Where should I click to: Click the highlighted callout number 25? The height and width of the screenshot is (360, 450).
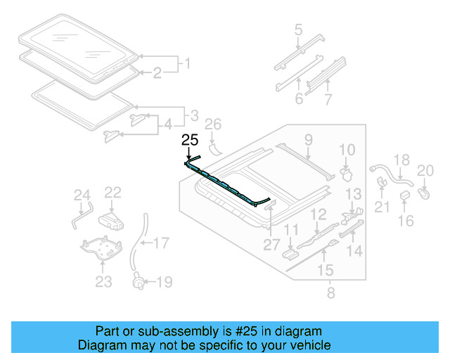pyautogui.click(x=190, y=140)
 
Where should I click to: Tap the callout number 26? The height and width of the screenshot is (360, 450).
pyautogui.click(x=212, y=126)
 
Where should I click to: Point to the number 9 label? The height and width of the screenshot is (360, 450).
pyautogui.click(x=308, y=141)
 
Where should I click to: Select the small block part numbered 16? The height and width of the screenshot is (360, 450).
pyautogui.click(x=406, y=195)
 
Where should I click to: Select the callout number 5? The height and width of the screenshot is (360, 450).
pyautogui.click(x=298, y=30)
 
